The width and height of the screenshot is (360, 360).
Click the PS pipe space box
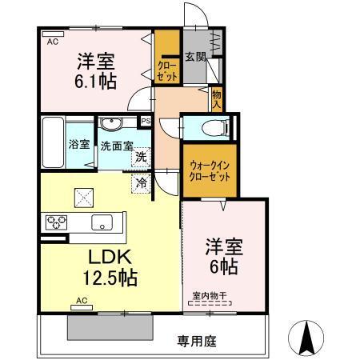point(146,122)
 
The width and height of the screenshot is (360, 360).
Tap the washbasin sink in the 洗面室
point(110,123)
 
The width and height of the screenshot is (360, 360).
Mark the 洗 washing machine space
point(140,157)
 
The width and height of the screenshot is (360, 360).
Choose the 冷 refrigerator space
point(140,183)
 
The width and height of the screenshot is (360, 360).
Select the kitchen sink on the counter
point(103,222)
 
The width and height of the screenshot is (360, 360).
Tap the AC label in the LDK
point(81,301)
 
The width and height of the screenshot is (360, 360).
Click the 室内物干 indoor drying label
point(210,295)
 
